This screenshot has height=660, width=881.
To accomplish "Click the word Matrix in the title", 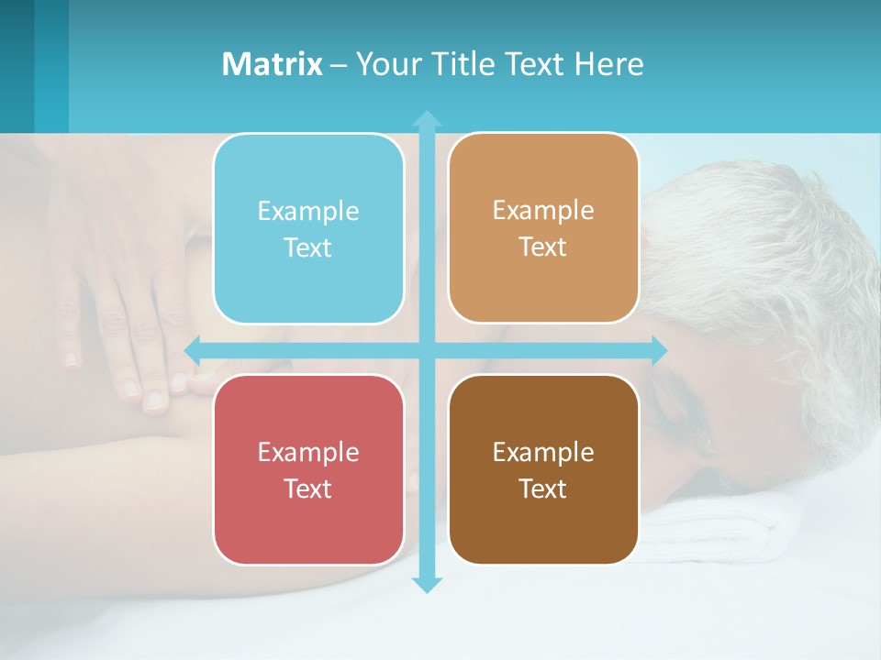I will [273, 64].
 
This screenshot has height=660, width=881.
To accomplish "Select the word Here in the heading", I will [609, 64].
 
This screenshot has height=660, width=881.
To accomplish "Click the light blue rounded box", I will [308, 228].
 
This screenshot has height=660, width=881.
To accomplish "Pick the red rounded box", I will [308, 469].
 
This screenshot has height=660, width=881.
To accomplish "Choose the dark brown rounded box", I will [543, 469].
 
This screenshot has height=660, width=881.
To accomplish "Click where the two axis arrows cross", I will [427, 350].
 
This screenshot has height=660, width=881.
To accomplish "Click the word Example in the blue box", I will [308, 212].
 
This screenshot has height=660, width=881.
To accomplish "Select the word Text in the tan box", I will [543, 247].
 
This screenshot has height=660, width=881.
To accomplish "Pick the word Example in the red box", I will [308, 453].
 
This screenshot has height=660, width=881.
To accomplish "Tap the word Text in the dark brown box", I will [543, 489].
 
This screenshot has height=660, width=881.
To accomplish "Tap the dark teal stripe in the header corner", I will [17, 64].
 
